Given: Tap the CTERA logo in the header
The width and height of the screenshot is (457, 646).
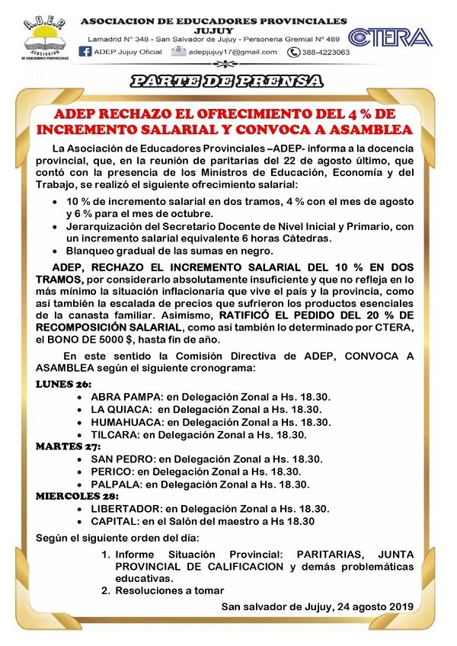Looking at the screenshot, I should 390,37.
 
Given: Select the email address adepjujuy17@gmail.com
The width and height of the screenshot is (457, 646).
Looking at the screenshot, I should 233,52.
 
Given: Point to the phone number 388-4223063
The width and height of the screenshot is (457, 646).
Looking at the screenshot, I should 325,53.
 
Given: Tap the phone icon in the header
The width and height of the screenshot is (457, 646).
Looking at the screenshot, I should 293,53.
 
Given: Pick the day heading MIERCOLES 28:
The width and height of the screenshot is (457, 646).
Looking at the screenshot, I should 77,496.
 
